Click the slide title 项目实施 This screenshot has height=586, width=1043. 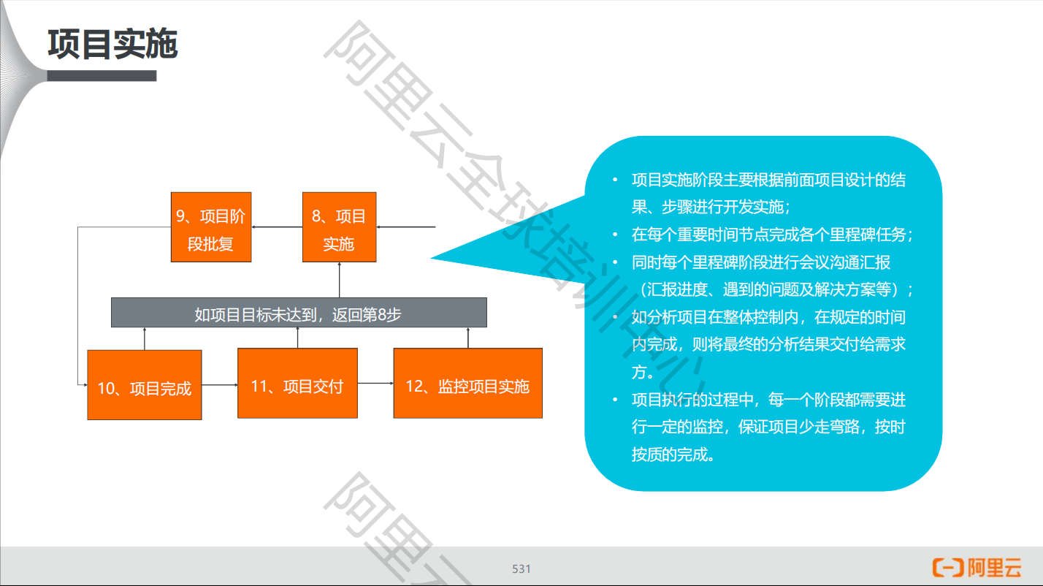pyautogui.click(x=112, y=45)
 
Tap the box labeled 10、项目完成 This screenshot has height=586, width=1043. pyautogui.click(x=144, y=385)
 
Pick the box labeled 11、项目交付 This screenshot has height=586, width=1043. pyautogui.click(x=297, y=384)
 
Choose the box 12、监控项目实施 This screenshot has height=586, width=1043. pyautogui.click(x=467, y=384)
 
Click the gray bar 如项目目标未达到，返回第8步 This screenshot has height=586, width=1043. pyautogui.click(x=298, y=313)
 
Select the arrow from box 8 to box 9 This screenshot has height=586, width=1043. pyautogui.click(x=277, y=227)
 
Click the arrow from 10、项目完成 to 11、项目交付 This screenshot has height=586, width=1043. pyautogui.click(x=219, y=384)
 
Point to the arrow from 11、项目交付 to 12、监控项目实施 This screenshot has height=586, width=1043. pyautogui.click(x=375, y=383)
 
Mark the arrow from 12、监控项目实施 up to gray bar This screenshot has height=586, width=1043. pyautogui.click(x=467, y=338)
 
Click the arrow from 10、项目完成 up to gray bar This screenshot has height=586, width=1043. pyautogui.click(x=145, y=339)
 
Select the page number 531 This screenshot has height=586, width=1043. pyautogui.click(x=521, y=569)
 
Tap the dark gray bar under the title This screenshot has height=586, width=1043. pyautogui.click(x=102, y=76)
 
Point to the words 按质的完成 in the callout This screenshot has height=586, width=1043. pyautogui.click(x=672, y=454)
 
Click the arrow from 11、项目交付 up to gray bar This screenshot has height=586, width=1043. pyautogui.click(x=298, y=338)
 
